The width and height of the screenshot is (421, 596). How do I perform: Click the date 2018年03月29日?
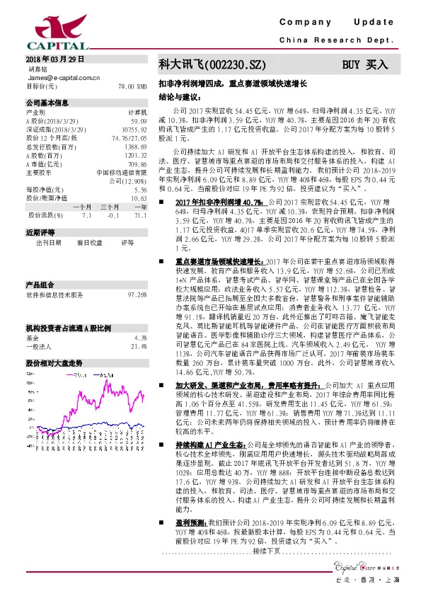[54, 59]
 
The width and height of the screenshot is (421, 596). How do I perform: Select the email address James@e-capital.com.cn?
[63, 78]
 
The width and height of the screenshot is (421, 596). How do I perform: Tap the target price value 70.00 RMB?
[132, 86]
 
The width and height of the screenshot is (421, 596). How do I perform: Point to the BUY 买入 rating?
[365, 64]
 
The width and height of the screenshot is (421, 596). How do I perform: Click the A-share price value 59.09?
[138, 120]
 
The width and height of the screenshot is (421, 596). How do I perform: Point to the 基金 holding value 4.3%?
[140, 318]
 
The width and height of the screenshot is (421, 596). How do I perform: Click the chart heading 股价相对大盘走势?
[54, 342]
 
